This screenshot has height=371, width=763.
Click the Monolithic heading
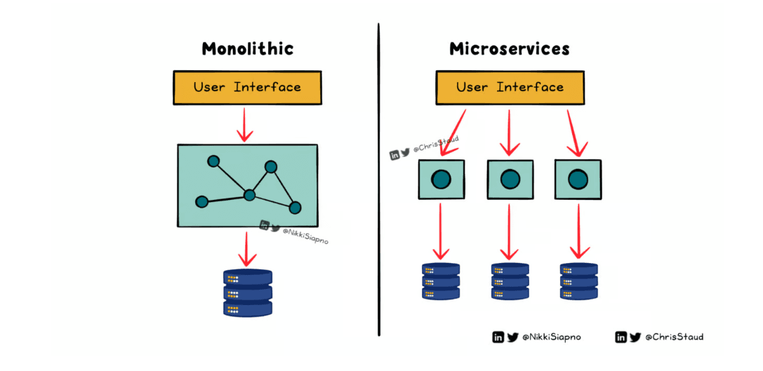(x=247, y=49)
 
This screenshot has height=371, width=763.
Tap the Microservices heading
(x=509, y=49)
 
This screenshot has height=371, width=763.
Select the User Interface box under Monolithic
(x=247, y=88)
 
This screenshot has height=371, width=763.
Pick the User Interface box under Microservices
(x=510, y=87)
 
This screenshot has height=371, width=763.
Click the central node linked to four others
(x=249, y=195)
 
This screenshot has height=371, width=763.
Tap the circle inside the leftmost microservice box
(x=441, y=180)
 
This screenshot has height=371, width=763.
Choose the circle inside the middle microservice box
(x=510, y=180)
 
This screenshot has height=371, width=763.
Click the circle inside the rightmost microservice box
(x=578, y=180)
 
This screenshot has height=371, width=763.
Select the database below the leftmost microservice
(x=441, y=281)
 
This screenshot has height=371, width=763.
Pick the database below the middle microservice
(x=510, y=281)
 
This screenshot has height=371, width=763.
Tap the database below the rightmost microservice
(x=578, y=281)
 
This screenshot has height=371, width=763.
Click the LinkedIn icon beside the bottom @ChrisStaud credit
(x=621, y=337)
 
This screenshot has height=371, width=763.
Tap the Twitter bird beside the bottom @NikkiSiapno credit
(x=512, y=337)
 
